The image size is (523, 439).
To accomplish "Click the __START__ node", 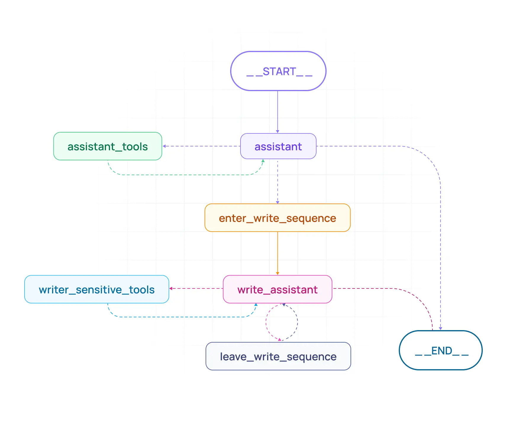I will [x=278, y=71].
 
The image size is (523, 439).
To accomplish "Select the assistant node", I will [x=278, y=146].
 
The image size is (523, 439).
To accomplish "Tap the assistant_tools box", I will [x=107, y=146].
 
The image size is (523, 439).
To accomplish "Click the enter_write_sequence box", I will [x=277, y=218].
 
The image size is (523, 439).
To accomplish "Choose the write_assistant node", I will [x=277, y=289].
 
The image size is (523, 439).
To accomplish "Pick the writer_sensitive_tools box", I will [x=96, y=289].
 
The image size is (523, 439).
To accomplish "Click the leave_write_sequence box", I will [x=278, y=356].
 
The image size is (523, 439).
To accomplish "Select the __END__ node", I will [x=441, y=351].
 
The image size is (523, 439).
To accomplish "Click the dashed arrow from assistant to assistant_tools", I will [x=201, y=146].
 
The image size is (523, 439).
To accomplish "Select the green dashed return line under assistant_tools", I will [x=183, y=175].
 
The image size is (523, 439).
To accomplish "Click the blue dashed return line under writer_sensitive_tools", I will [x=177, y=317].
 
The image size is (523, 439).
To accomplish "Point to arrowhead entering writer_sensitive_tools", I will [x=171, y=288].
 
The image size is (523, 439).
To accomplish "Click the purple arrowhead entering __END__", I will [x=440, y=328].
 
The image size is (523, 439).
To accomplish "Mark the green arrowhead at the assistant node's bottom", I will [x=263, y=161].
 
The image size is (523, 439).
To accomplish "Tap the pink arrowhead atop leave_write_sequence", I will [x=280, y=339].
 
